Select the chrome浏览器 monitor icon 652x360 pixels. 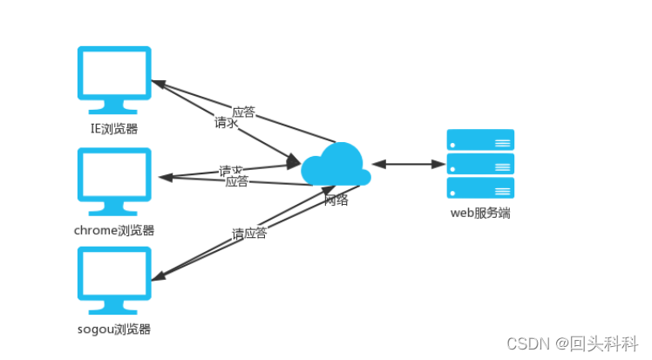coord(114,178)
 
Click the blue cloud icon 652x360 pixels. coord(336,166)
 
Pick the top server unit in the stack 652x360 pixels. coord(480,139)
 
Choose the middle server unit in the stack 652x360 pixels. coord(480,164)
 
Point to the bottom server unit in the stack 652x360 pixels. coord(480,187)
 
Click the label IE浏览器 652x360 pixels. coord(114,129)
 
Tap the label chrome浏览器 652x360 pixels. coord(114,230)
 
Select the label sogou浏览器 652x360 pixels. coord(114,329)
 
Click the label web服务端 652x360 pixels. coord(480,212)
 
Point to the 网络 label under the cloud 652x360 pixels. coord(336,200)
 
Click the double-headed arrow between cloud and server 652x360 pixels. coord(408,163)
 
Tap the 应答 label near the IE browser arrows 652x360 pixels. coord(244,112)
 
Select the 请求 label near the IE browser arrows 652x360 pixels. coord(227,123)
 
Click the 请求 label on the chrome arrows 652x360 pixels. coord(231,170)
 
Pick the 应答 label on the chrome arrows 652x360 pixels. coord(236,181)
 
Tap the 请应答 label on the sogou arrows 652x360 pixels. coord(249,234)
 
